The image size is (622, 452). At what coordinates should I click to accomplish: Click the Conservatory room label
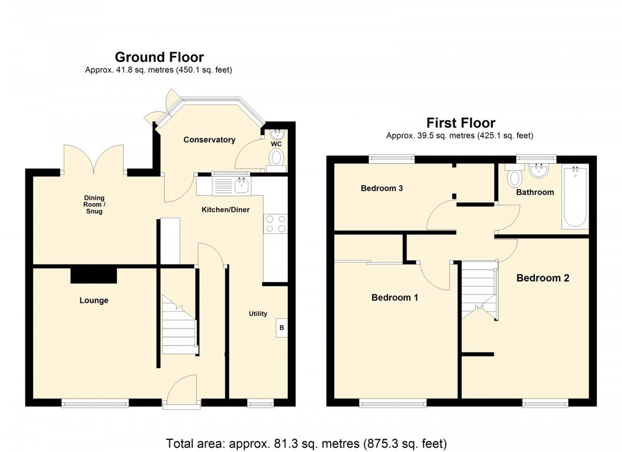point(209,139)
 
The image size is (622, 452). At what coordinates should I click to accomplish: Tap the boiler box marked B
point(281,328)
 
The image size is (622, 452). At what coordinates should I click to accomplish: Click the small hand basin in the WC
point(277,135)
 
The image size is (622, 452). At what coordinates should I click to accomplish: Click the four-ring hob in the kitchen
point(275,224)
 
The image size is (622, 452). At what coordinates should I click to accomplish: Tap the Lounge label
point(94,301)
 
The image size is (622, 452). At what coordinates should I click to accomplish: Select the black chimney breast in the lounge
point(94,276)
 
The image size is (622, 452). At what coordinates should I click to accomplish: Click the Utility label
point(258,314)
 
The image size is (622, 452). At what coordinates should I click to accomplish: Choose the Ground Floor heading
point(160,57)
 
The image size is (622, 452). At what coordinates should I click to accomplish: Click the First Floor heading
point(461,123)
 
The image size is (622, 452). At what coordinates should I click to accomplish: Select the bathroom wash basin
point(539,170)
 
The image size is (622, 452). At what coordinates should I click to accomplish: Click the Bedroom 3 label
point(382,188)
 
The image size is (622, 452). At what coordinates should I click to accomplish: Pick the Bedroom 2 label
point(543,278)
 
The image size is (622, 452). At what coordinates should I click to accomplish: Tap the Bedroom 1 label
point(394,298)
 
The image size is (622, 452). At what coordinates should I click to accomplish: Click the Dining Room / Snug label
point(94,205)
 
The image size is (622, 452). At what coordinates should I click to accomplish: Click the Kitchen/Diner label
point(225,209)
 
